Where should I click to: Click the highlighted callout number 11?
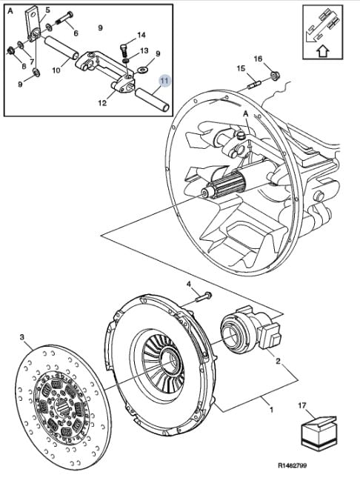tap(165, 81)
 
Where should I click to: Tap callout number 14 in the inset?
tap(141, 35)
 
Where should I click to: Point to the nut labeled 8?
tap(11, 50)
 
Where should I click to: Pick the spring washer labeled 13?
tap(125, 59)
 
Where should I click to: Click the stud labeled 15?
tap(253, 85)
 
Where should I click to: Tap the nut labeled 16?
tap(276, 76)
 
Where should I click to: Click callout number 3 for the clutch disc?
tap(22, 337)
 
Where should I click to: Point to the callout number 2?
tap(278, 361)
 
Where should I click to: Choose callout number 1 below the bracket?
tap(272, 410)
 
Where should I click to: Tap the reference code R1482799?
tap(292, 465)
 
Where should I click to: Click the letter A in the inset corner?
tap(10, 11)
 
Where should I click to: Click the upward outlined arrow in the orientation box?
tap(323, 51)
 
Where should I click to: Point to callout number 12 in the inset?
tap(102, 103)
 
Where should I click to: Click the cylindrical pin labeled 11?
tap(152, 100)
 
